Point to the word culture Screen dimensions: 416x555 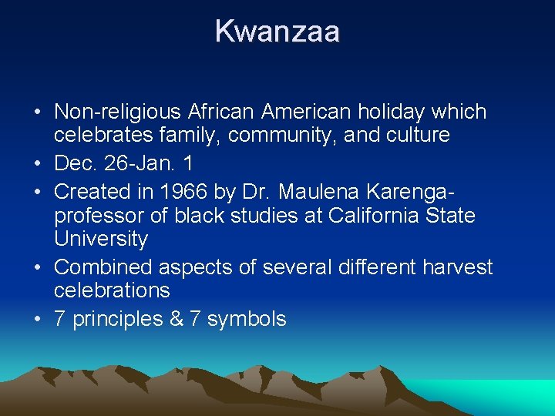(x=412, y=136)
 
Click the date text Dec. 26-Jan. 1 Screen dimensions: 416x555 (x=124, y=163)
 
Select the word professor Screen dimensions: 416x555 (x=99, y=215)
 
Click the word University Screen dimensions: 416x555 (x=101, y=240)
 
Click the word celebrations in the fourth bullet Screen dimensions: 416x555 (x=113, y=290)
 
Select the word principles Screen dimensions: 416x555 (x=116, y=319)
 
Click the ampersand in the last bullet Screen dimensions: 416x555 (x=176, y=319)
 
